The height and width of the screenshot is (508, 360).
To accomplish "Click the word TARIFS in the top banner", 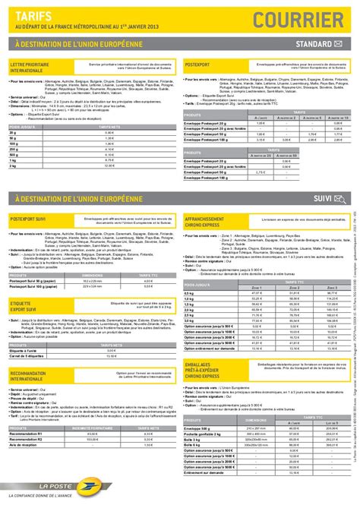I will point(30,14).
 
